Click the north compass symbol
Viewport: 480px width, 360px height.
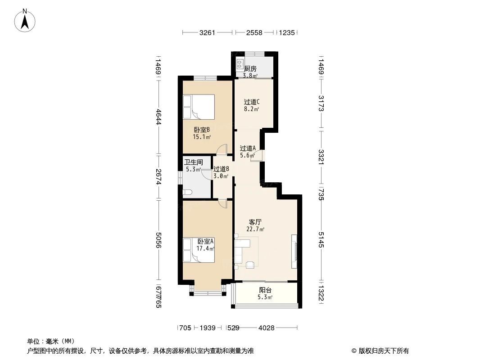(x=25, y=20)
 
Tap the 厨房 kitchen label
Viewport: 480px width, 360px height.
(x=250, y=69)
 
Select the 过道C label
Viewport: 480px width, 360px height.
(x=252, y=102)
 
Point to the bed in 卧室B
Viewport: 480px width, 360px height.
(x=199, y=106)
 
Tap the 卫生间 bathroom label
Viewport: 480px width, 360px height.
(x=194, y=162)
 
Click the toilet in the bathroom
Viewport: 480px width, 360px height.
(x=188, y=192)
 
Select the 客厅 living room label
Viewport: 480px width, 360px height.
(x=255, y=222)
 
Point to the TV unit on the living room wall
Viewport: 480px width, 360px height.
(x=294, y=248)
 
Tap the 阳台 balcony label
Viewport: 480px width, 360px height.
(x=265, y=290)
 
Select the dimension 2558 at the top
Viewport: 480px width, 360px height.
(x=254, y=32)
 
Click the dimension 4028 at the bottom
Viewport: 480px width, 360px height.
(x=267, y=328)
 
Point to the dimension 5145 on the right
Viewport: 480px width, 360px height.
(x=321, y=239)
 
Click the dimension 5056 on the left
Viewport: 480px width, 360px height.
(x=158, y=239)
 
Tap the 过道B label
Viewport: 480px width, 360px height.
(x=222, y=169)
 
